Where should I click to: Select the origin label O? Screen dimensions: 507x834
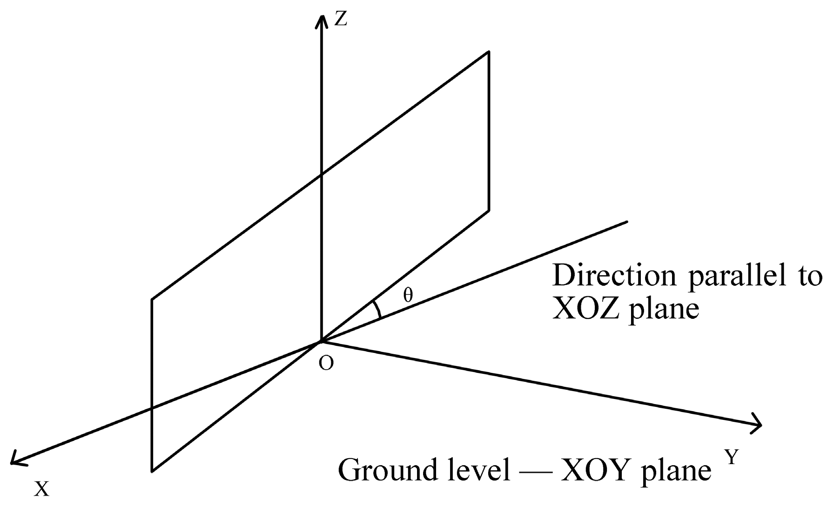327,364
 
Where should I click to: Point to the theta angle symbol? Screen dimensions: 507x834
408,295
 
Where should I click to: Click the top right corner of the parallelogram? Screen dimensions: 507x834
489,51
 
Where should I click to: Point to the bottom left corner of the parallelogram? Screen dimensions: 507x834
152,471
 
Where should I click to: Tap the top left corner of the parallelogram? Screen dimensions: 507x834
152,299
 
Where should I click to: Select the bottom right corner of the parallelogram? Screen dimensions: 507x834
489,210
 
